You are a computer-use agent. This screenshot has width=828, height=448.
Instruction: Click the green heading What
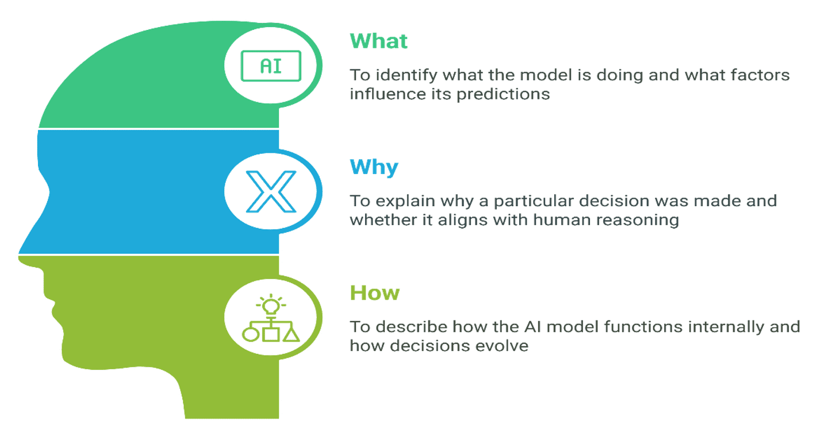coord(378,41)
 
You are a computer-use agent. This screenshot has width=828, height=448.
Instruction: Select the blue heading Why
coord(374,167)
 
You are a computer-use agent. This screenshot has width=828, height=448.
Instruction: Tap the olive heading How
coord(375,293)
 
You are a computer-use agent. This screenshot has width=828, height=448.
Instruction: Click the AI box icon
coord(271,65)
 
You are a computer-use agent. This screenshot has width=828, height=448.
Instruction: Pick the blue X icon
coord(271,191)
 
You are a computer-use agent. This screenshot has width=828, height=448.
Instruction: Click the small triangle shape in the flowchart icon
coord(292,334)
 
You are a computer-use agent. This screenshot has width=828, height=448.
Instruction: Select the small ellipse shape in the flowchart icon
coord(251,335)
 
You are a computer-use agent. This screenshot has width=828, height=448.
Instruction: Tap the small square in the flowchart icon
coord(271,335)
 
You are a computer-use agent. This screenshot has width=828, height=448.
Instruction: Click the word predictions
coord(503,95)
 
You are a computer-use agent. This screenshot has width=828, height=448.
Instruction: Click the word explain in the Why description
coord(406,202)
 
